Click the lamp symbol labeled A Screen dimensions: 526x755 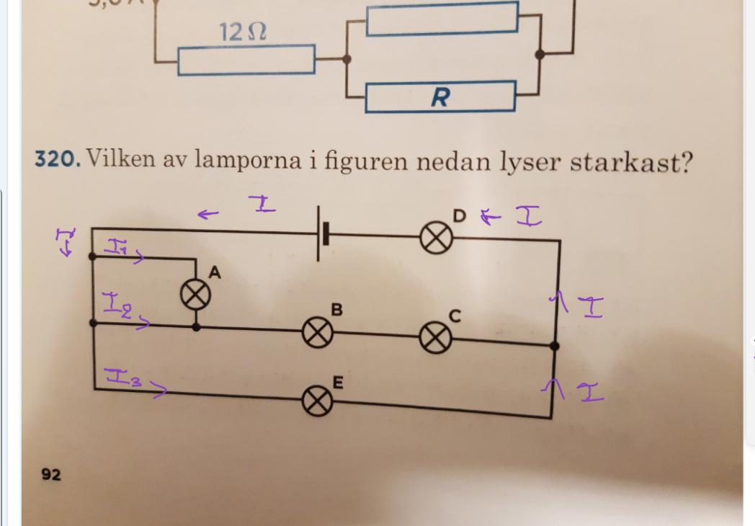pyautogui.click(x=195, y=295)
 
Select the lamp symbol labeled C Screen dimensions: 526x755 pyautogui.click(x=434, y=339)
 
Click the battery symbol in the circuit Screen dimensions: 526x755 pyautogui.click(x=323, y=234)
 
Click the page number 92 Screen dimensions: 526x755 pyautogui.click(x=51, y=474)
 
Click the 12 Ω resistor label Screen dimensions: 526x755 pyautogui.click(x=242, y=32)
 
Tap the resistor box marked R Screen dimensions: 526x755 pyautogui.click(x=439, y=97)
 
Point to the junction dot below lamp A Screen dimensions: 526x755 pyautogui.click(x=196, y=326)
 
